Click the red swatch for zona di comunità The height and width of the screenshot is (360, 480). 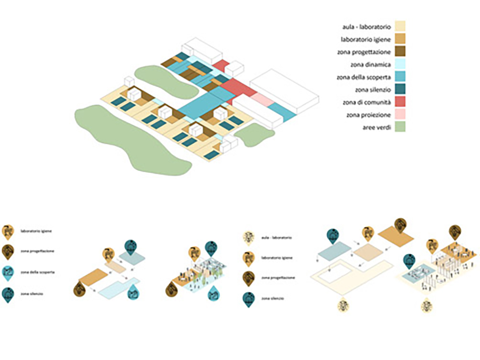coord(400,102)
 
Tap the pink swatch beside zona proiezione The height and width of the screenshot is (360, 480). coord(400,115)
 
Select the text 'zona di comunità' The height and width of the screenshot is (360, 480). coord(367,103)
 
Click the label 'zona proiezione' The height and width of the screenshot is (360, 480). coord(369,116)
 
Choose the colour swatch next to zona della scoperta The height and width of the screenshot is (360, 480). coord(400,77)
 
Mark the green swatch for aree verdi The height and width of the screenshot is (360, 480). coord(400,128)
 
